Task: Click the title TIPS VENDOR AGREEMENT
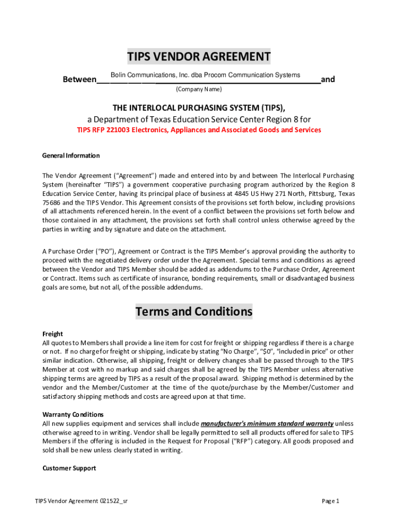click(199, 56)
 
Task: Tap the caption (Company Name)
click(198, 89)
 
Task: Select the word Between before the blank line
click(79, 80)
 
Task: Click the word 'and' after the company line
click(328, 80)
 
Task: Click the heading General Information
click(71, 155)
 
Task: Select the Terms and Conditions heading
click(194, 312)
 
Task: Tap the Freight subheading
click(52, 334)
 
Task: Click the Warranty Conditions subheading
click(73, 414)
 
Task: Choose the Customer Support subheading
click(69, 468)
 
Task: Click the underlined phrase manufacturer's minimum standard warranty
click(267, 424)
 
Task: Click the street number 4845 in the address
click(241, 194)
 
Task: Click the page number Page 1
click(330, 501)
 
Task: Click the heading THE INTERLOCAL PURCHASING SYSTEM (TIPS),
click(199, 107)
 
